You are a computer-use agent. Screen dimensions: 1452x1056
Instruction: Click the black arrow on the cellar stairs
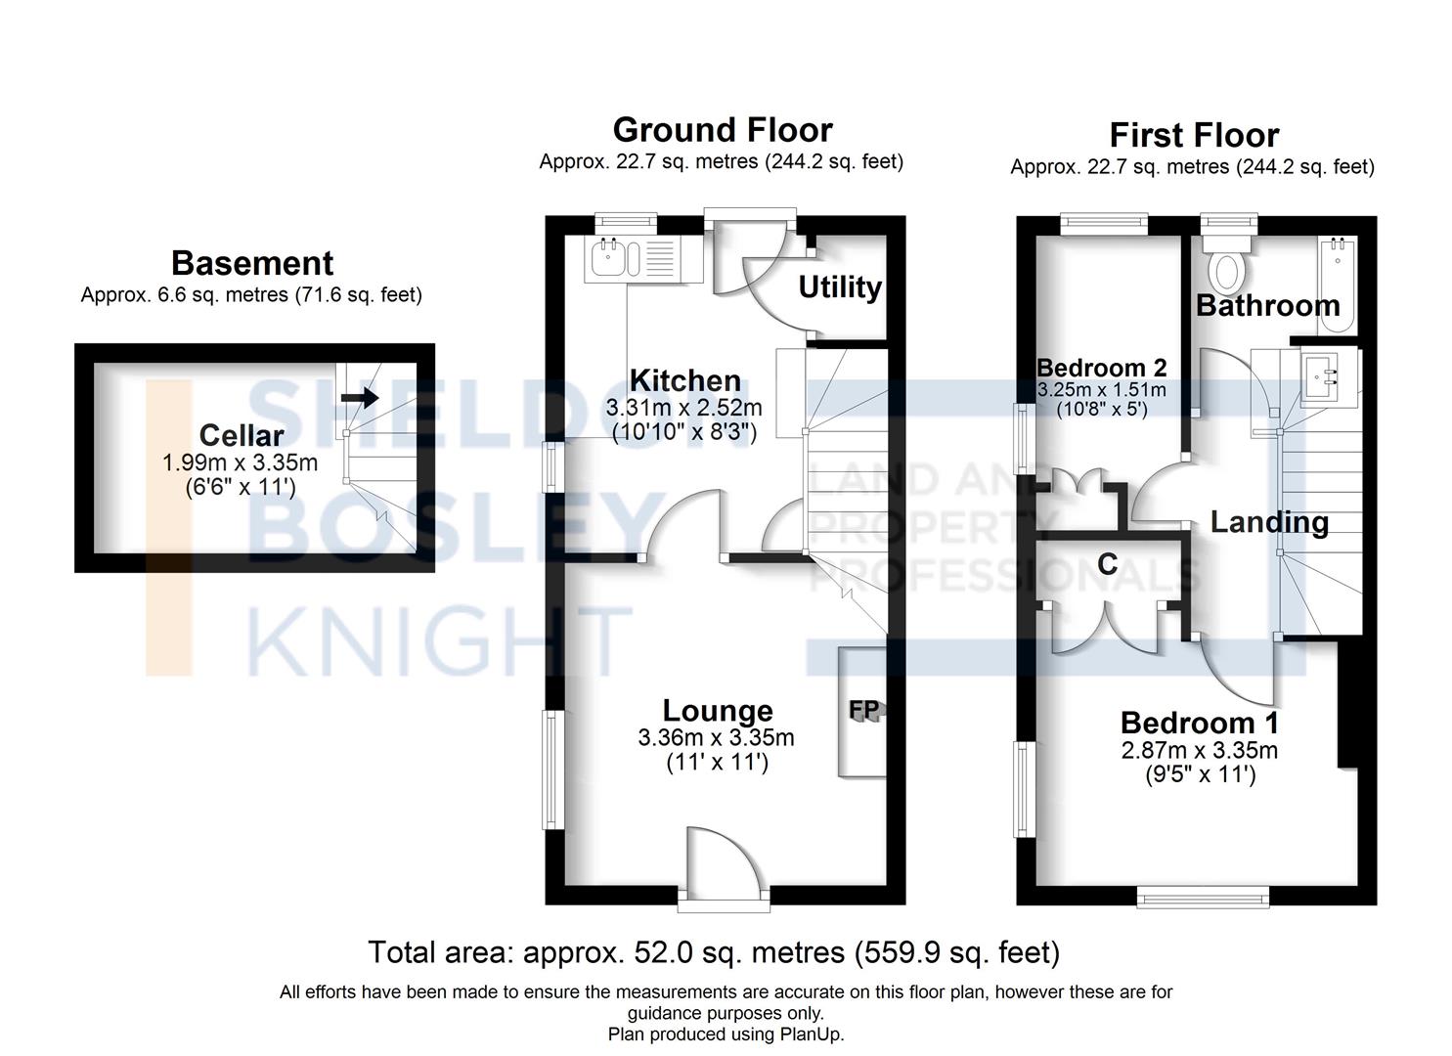point(360,397)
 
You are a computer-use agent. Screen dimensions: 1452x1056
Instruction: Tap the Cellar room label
point(242,435)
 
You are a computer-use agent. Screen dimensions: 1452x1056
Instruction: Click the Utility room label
point(840,287)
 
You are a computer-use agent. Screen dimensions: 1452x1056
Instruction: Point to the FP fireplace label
point(864,710)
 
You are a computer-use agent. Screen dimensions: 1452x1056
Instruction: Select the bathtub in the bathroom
point(1337,286)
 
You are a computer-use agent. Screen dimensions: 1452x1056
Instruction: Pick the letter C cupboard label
point(1107,564)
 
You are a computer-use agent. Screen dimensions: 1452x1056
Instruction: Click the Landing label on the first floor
point(1269,522)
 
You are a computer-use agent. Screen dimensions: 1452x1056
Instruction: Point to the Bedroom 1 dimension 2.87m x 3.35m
point(1200,751)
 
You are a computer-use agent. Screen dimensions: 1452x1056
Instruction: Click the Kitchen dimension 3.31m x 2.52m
point(683,408)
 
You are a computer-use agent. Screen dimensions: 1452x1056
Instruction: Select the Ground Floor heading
point(723,130)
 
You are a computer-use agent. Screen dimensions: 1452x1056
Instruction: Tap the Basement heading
point(252,263)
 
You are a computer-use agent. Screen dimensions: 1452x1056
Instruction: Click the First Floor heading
point(1194,136)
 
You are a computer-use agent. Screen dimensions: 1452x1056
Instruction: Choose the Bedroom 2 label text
point(1101,368)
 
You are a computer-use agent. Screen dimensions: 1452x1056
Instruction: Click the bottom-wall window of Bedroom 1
point(1203,899)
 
